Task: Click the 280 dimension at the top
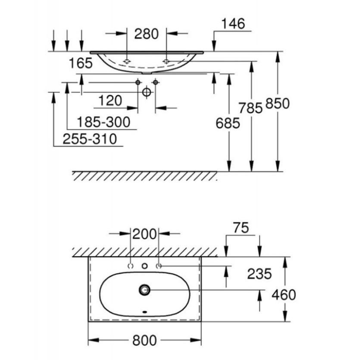147,34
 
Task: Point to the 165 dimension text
81,64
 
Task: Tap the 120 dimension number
109,101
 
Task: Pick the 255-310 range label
90,139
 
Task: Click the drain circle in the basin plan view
144,290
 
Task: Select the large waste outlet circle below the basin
147,92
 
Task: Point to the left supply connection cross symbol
138,82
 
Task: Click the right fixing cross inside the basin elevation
166,62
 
